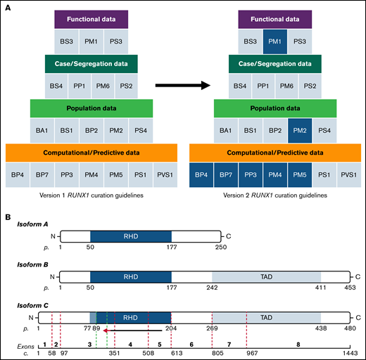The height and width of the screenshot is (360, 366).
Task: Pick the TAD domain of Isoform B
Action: point(266,278)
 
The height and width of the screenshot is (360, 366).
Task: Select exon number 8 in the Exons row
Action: point(298,345)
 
